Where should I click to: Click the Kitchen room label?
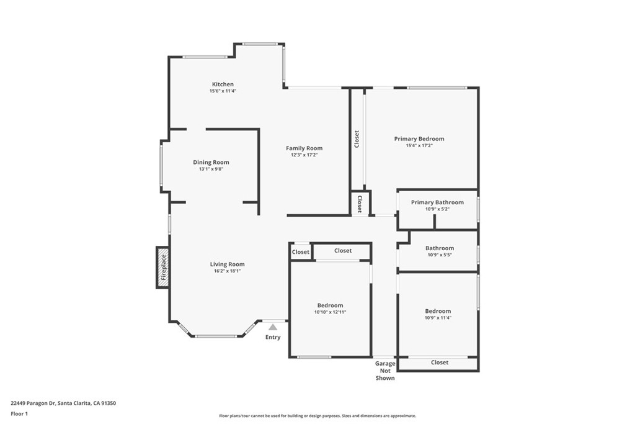pos(223,84)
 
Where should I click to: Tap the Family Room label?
pos(304,148)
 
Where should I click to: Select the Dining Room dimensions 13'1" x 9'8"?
pos(211,169)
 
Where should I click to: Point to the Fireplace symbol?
pos(163,268)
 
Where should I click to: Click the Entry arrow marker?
pos(273,327)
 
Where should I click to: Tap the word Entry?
pos(273,337)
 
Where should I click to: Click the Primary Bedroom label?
pos(419,139)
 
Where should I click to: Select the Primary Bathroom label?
pos(437,202)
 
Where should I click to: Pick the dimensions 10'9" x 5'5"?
pos(439,255)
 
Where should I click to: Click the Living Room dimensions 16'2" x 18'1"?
pos(227,271)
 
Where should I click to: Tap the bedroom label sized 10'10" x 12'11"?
pos(330,305)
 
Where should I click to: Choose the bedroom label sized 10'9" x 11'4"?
pos(438,311)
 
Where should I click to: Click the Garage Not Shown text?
pos(385,370)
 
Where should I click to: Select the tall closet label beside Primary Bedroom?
pos(357,139)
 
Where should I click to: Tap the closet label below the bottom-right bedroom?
pos(439,362)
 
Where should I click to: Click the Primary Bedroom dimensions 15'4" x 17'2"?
pos(419,146)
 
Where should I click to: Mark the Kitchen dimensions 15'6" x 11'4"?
pos(223,91)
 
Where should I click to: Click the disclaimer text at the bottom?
pos(317,416)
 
